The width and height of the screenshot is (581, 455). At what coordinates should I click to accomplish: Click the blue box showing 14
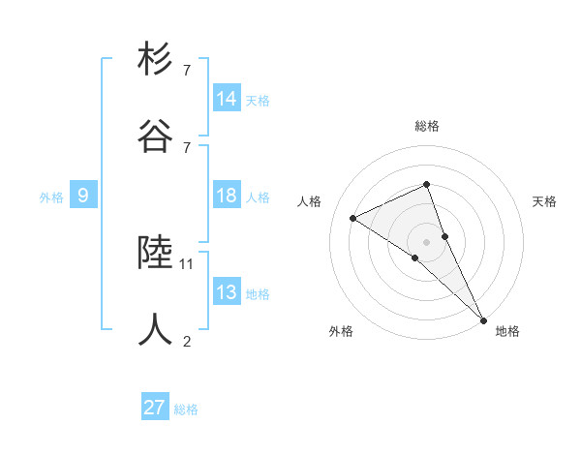click(x=227, y=99)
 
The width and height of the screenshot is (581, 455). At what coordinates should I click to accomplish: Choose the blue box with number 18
click(x=227, y=197)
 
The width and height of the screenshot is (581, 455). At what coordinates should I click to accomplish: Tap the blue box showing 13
click(x=227, y=293)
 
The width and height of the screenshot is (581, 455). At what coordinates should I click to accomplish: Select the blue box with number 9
click(x=83, y=197)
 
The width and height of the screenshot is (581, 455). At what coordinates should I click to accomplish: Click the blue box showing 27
click(x=155, y=408)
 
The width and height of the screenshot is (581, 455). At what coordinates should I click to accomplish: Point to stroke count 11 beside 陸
click(x=187, y=263)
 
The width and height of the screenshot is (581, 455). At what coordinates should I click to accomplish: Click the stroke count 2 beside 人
click(x=186, y=340)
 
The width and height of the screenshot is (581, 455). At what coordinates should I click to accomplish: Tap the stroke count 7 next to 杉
click(x=186, y=71)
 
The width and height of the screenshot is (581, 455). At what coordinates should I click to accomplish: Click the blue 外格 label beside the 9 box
click(x=51, y=197)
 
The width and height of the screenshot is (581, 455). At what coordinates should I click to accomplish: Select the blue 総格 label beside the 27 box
click(x=186, y=409)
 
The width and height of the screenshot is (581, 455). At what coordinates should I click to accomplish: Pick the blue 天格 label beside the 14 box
click(x=258, y=101)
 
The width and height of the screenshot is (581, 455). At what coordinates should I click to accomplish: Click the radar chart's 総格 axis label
click(x=427, y=126)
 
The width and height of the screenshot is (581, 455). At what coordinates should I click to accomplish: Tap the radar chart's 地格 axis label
click(x=507, y=332)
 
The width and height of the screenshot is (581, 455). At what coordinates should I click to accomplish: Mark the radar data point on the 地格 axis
click(x=483, y=319)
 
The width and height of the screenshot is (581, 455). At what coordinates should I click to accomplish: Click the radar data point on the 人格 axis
click(x=353, y=218)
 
